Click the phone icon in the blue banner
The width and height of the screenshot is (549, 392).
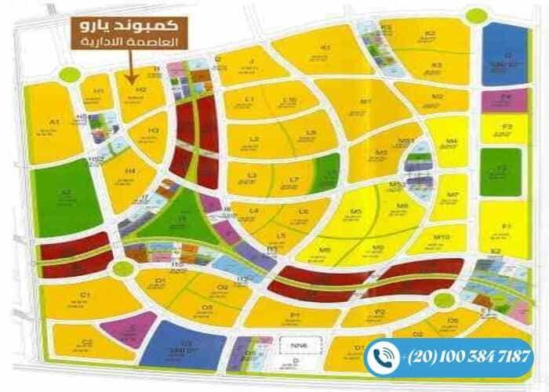384,357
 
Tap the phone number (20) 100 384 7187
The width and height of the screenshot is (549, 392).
469,357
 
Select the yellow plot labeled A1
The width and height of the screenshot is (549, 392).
54,125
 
